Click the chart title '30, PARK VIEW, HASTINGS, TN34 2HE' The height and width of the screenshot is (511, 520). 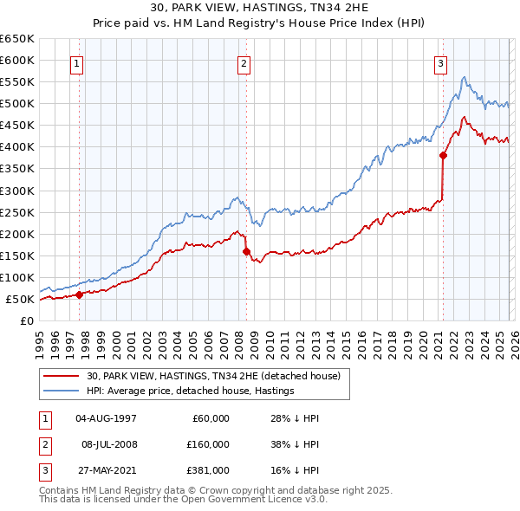point(259,7)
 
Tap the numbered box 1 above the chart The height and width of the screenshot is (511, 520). point(78,62)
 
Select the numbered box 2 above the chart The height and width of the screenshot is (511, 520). point(244,62)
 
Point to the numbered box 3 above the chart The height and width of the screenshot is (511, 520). point(441,62)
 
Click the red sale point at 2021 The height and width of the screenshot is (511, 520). point(443,155)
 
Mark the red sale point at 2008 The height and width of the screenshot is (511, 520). point(246,251)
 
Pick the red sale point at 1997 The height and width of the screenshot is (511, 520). point(79,294)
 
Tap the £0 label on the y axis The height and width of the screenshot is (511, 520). point(26,320)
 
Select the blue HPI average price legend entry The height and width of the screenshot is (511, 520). point(191,391)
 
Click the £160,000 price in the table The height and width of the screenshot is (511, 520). point(208,444)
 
